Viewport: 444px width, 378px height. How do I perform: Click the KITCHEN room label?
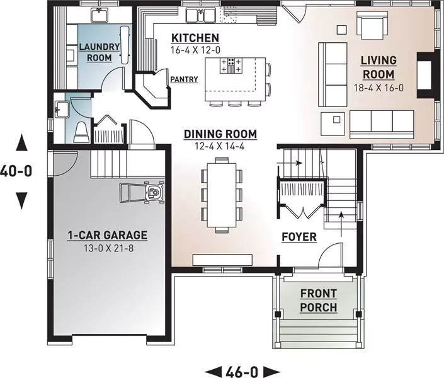(x=195, y=38)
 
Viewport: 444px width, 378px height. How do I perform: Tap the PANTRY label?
(x=184, y=79)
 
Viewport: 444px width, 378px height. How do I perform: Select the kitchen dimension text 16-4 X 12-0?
(x=195, y=50)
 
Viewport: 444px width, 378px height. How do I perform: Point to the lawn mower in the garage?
(x=142, y=193)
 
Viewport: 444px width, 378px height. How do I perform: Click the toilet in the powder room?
(x=81, y=132)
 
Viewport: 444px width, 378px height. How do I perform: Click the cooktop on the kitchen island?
(x=231, y=66)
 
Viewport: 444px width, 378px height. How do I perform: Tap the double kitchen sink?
(x=201, y=15)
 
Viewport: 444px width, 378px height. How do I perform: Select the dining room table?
(x=222, y=195)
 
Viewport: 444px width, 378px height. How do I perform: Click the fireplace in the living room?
(x=424, y=75)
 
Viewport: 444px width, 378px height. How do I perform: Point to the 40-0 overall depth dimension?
(x=16, y=171)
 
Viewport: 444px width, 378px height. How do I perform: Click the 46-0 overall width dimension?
(x=242, y=372)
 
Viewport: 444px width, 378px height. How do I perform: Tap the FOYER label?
(x=299, y=237)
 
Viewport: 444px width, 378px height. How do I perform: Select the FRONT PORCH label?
(x=319, y=301)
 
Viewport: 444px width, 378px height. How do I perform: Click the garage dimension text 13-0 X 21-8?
(x=108, y=248)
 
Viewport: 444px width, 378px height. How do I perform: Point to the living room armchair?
(x=372, y=25)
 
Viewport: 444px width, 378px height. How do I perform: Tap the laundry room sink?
(x=99, y=15)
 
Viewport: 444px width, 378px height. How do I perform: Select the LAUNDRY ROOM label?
(x=99, y=52)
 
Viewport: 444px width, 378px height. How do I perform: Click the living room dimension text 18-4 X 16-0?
(x=379, y=88)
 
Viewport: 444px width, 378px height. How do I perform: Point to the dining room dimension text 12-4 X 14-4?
(x=220, y=146)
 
